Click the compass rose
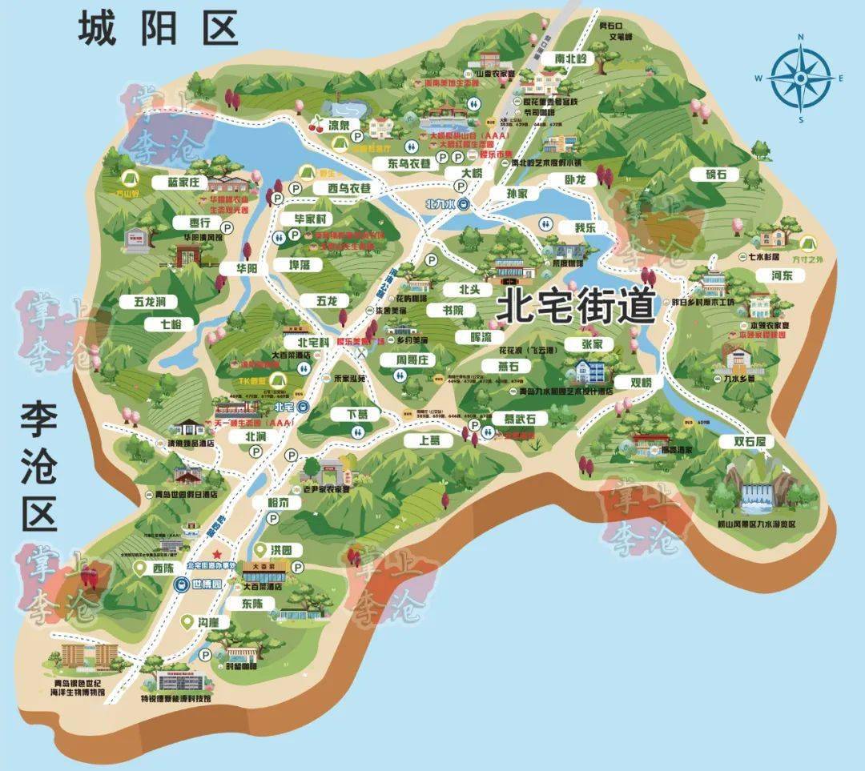coord(799,78)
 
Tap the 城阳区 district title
coord(158,28)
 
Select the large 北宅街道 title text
coord(576,306)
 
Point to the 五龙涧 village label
coord(143,302)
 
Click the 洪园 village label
coord(280,551)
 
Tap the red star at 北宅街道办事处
coord(215,554)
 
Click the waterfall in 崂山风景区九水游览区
coord(754,497)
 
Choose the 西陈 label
coord(161,568)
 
